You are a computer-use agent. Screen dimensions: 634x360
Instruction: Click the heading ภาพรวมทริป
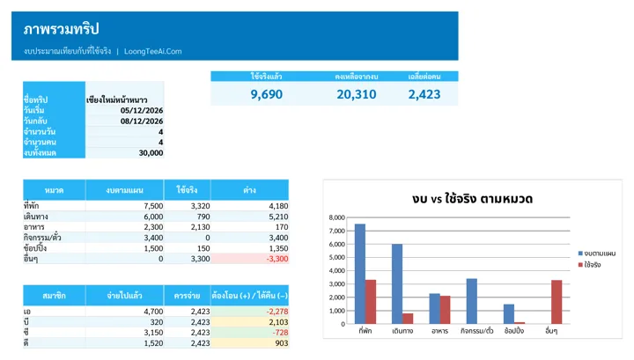(61, 29)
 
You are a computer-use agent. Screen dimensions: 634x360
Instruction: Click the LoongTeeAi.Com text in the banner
(153, 51)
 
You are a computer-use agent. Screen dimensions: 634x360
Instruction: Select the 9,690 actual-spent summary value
(267, 94)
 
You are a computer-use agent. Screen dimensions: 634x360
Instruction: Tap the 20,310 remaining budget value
(357, 94)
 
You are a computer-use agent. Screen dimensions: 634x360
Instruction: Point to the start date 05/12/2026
(142, 110)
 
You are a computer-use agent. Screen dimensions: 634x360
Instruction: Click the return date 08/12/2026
(142, 121)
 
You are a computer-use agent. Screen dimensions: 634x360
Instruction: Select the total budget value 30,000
(151, 153)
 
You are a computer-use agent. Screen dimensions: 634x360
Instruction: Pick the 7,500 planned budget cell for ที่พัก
(153, 206)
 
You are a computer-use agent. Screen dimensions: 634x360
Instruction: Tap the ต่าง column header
(249, 190)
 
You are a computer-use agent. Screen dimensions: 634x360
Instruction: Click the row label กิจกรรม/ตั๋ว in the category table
(42, 238)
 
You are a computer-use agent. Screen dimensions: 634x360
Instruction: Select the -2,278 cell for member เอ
(277, 312)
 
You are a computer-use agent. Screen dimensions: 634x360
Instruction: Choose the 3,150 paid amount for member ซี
(153, 333)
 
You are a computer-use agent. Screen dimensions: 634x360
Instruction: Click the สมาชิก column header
(55, 296)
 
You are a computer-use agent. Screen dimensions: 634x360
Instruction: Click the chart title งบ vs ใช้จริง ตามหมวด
(472, 199)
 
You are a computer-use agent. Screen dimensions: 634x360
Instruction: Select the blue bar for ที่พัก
(360, 274)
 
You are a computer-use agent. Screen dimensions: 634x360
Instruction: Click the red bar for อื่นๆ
(557, 302)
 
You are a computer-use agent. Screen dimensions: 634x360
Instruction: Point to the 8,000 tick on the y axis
(336, 217)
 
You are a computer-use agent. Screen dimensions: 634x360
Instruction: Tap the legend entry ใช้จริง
(589, 265)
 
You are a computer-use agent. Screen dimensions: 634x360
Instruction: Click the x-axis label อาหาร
(439, 331)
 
